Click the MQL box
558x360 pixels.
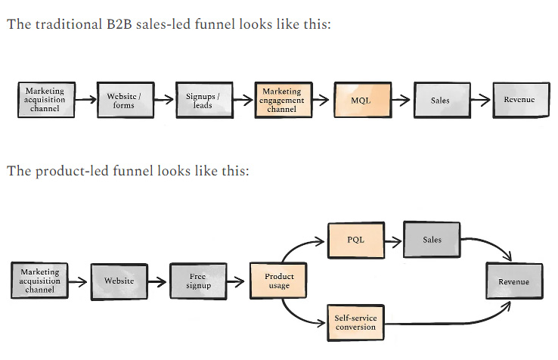pos(361,100)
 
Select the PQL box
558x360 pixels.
pos(356,240)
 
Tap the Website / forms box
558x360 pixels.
pos(123,100)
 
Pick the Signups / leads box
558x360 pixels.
pos(203,100)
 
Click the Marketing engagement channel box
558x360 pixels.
pos(281,100)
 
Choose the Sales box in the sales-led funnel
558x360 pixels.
pos(439,100)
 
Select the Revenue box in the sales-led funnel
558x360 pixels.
pos(519,100)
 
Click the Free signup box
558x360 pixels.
pos(197,281)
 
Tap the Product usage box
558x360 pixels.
pos(278,281)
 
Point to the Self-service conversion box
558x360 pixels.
pos(355,323)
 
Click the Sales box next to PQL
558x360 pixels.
pos(432,240)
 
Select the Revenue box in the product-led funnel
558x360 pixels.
pos(513,282)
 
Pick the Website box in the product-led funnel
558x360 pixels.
pos(119,281)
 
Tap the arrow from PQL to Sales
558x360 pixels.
pos(394,241)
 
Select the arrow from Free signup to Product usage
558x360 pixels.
pos(237,281)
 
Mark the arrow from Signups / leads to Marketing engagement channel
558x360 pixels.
pos(242,100)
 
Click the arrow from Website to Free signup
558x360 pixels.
pos(157,281)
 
